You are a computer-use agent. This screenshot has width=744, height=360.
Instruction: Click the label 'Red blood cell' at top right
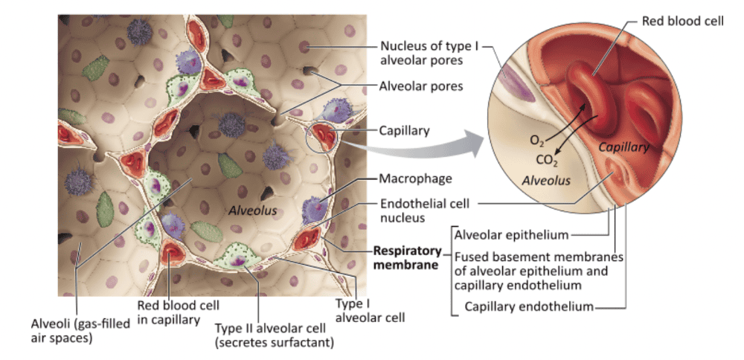click(x=682, y=21)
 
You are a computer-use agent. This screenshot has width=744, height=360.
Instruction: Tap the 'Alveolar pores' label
click(x=422, y=86)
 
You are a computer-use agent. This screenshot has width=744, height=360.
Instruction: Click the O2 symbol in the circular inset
click(x=536, y=140)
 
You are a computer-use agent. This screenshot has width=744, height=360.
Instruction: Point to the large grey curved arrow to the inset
click(x=417, y=147)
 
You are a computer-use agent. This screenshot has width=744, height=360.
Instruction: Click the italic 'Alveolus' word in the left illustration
click(x=253, y=210)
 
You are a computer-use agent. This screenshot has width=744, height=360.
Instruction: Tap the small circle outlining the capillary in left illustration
click(x=322, y=137)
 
